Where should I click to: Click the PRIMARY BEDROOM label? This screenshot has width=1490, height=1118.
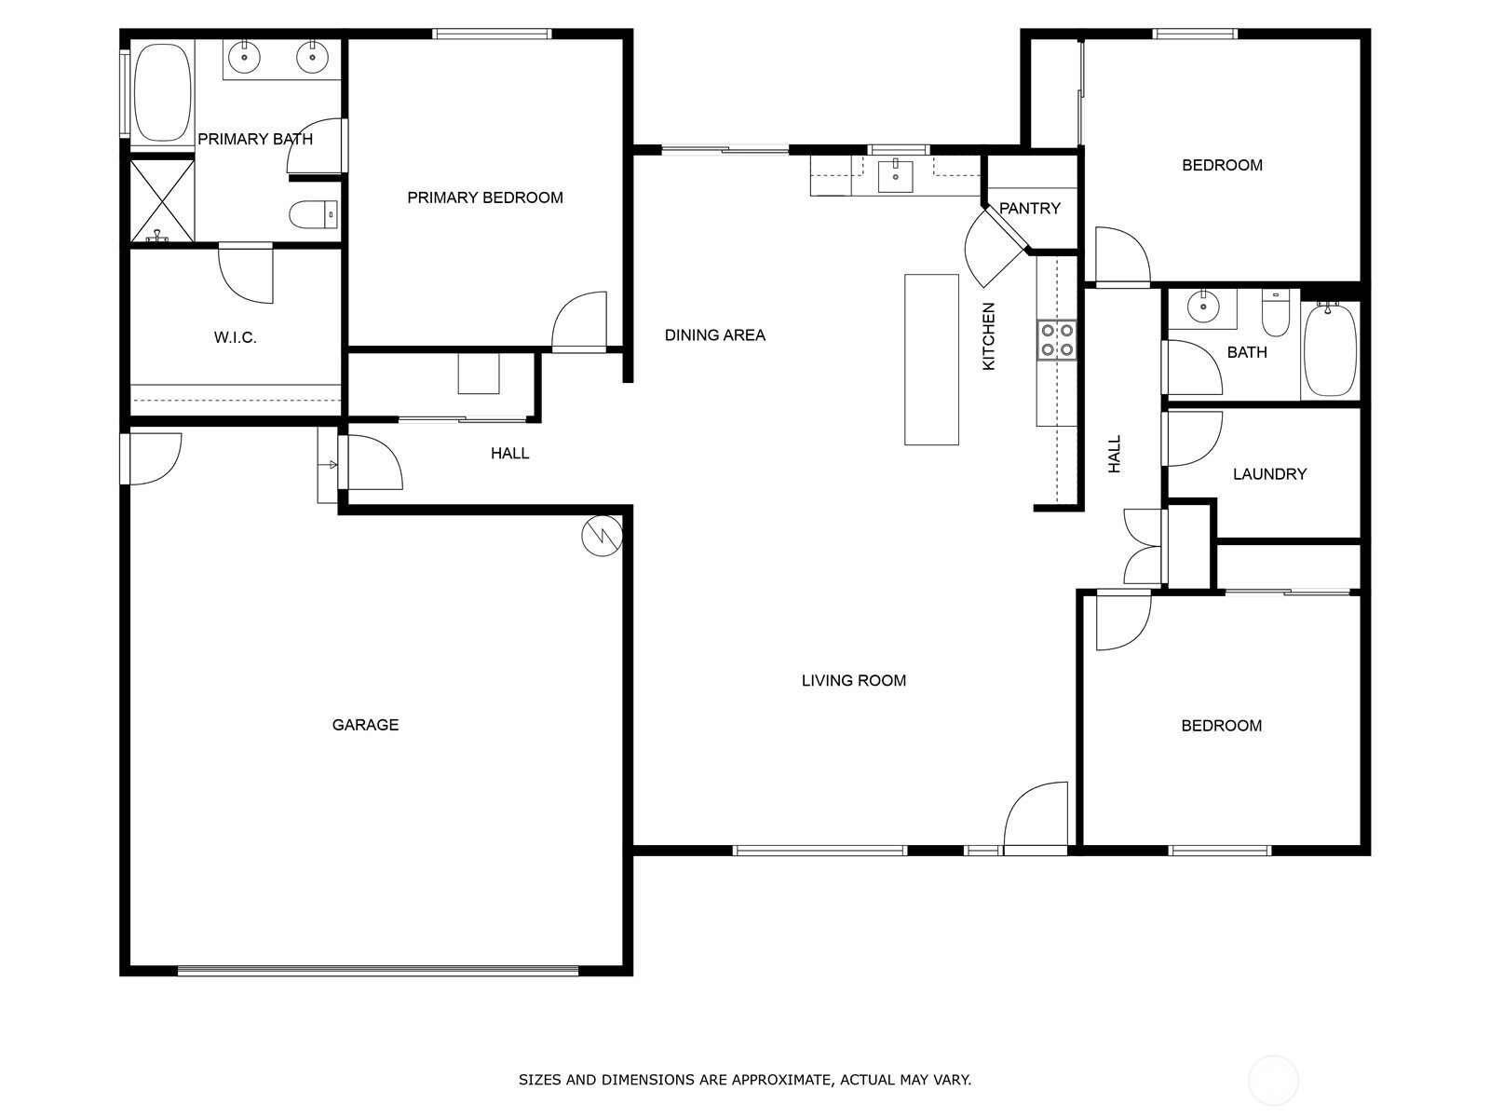pos(484,198)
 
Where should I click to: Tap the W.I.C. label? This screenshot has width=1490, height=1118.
pos(235,337)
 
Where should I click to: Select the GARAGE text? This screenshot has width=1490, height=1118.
pos(365,725)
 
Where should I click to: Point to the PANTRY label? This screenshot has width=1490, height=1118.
pos(1030,209)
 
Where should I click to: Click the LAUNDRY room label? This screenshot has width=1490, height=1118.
pos(1269,474)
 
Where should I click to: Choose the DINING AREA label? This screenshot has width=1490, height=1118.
pos(715,334)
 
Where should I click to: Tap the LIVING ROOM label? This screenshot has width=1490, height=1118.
pos(853,680)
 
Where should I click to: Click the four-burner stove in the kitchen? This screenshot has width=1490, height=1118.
pos(1057,340)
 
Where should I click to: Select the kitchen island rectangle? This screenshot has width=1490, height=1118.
pos(931,359)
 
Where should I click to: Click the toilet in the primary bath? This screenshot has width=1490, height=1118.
pos(313,215)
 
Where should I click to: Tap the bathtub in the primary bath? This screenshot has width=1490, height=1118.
pos(162,93)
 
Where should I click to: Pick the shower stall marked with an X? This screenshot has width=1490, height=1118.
pos(161,200)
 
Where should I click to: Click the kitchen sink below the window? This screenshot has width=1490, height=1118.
pos(895,176)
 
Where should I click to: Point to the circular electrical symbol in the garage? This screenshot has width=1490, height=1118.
pos(603,537)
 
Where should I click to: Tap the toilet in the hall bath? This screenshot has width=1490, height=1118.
pos(1276,313)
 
